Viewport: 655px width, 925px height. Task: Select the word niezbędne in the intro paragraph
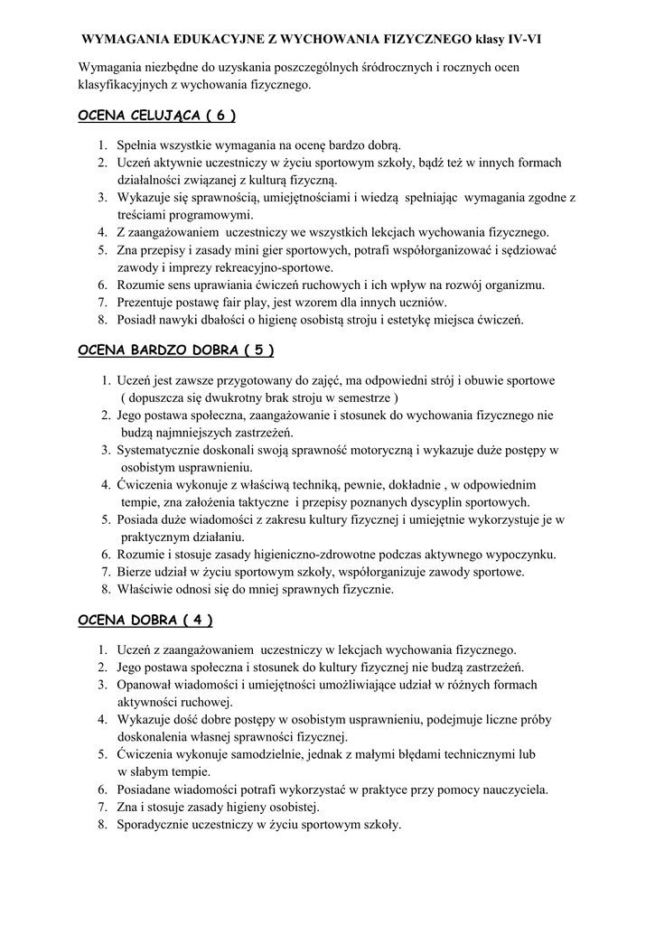(x=182, y=68)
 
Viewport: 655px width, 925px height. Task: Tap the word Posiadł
(x=138, y=320)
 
